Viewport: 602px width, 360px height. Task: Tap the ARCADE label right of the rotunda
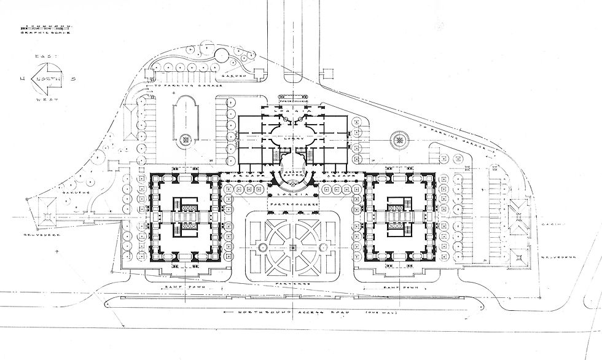(x=337, y=176)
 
